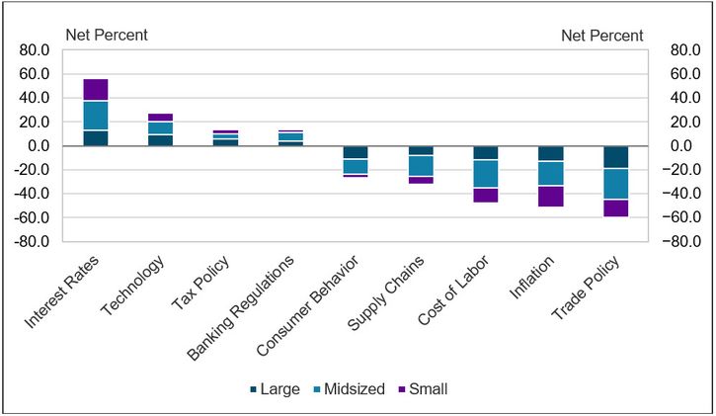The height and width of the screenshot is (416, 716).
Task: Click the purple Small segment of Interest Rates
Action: [x=96, y=89]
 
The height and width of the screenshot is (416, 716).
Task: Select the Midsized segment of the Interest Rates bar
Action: [x=96, y=116]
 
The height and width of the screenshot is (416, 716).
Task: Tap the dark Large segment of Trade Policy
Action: [x=616, y=157]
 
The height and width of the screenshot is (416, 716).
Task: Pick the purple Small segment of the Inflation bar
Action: [x=551, y=197]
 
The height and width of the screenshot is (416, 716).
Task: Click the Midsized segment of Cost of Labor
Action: [x=486, y=174]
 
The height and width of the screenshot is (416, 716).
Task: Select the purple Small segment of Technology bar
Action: [x=161, y=118]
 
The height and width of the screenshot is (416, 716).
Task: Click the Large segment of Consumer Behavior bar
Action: [x=356, y=152]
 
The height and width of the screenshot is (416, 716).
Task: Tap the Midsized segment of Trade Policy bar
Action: [x=616, y=185]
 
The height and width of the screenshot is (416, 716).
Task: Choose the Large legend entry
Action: [x=274, y=389]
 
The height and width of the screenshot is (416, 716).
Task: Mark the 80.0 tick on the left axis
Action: [x=34, y=50]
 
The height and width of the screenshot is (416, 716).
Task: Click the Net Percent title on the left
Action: [x=107, y=36]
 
